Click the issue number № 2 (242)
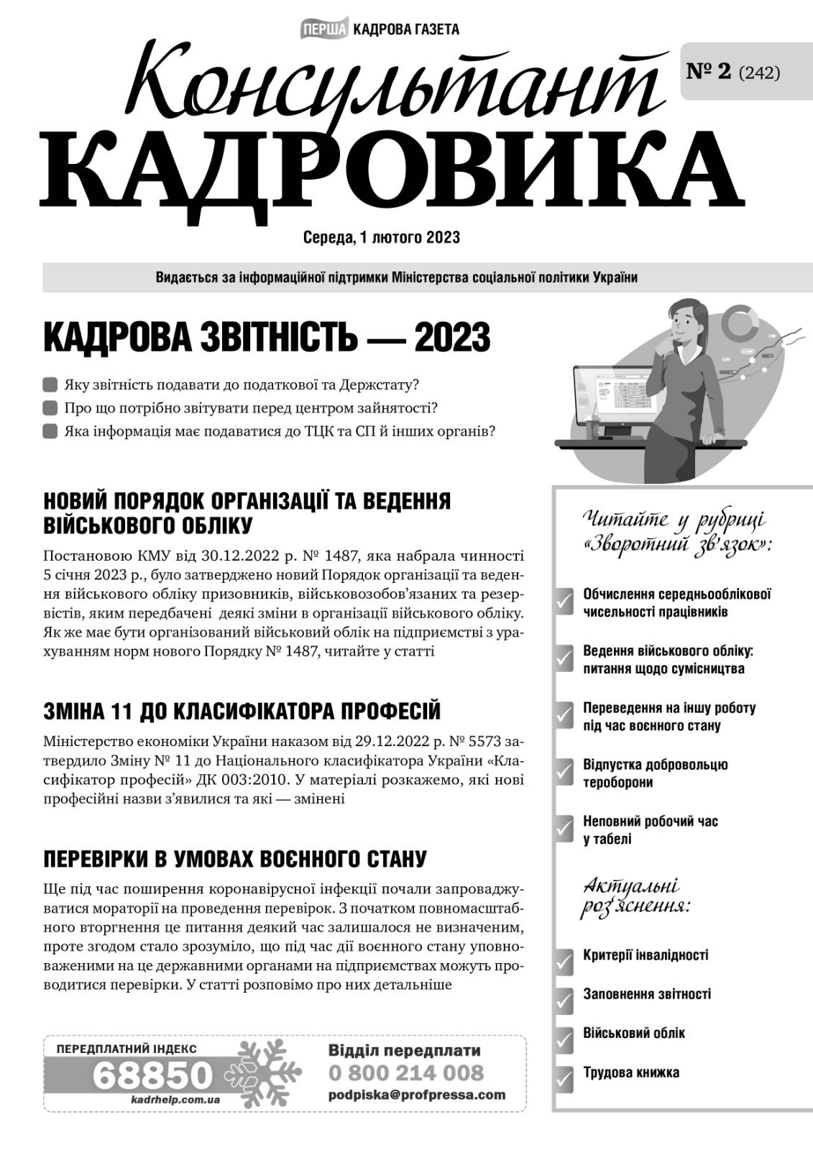pos(733,72)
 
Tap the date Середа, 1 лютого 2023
pos(382,238)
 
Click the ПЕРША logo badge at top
pos(323,29)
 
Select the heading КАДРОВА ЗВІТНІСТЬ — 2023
pos(267,337)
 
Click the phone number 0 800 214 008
pos(406,1073)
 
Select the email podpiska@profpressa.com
pos(416,1095)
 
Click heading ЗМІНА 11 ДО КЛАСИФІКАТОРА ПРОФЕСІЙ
pos(242,712)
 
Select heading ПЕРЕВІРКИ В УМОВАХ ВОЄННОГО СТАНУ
pos(235,859)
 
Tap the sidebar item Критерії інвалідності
pos(646,955)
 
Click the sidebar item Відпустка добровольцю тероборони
pos(655,773)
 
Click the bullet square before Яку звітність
pos(50,385)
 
